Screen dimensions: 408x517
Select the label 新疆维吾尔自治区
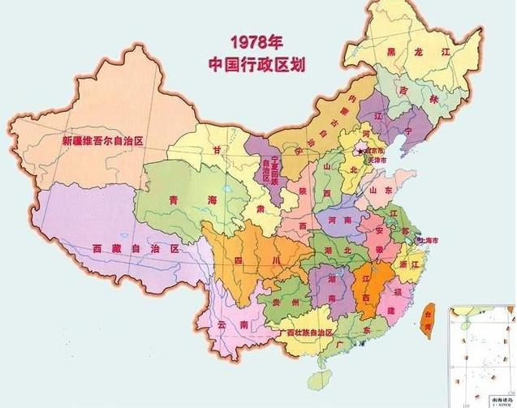tap(102, 140)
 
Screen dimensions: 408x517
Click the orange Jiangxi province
tap(366, 288)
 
